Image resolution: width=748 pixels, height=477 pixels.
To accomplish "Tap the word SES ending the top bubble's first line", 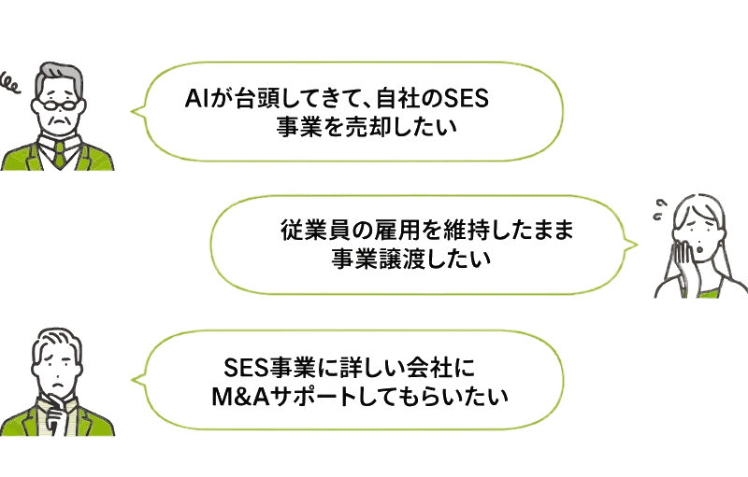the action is point(466,99).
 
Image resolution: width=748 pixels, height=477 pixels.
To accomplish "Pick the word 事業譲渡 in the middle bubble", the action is point(378,260).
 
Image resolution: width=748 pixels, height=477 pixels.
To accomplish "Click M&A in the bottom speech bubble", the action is point(240,397).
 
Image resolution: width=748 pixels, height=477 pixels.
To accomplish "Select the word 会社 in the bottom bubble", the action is point(429,367).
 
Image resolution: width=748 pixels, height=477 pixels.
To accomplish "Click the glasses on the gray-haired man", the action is point(60,105).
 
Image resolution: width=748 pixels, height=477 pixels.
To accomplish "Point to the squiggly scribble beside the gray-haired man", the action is point(10,83).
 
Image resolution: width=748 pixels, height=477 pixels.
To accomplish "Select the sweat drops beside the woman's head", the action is point(660,209).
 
